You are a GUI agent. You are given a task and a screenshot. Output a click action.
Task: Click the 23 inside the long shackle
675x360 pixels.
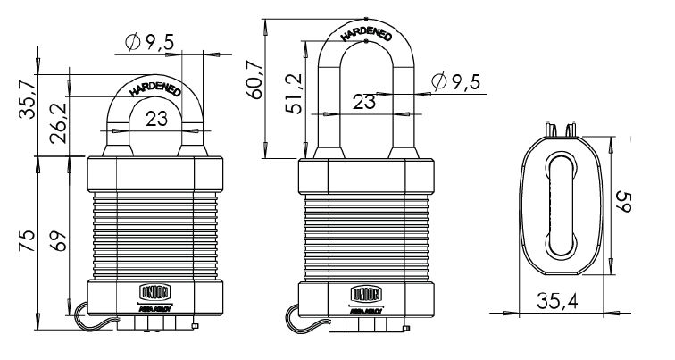click(363, 102)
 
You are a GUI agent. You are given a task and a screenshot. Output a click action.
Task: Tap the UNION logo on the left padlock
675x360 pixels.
click(154, 289)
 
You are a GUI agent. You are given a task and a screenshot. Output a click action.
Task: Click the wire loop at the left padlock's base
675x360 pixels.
click(83, 315)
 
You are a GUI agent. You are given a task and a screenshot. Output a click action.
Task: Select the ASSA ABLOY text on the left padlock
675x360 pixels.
click(154, 306)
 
